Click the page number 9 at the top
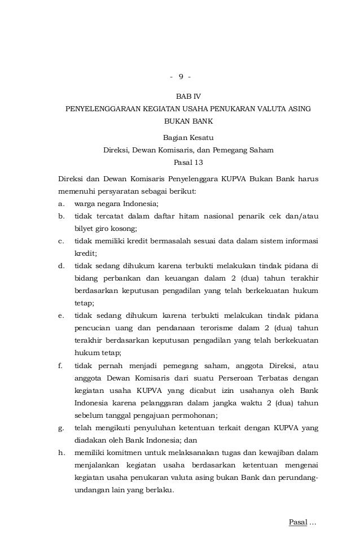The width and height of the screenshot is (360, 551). pos(181,76)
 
